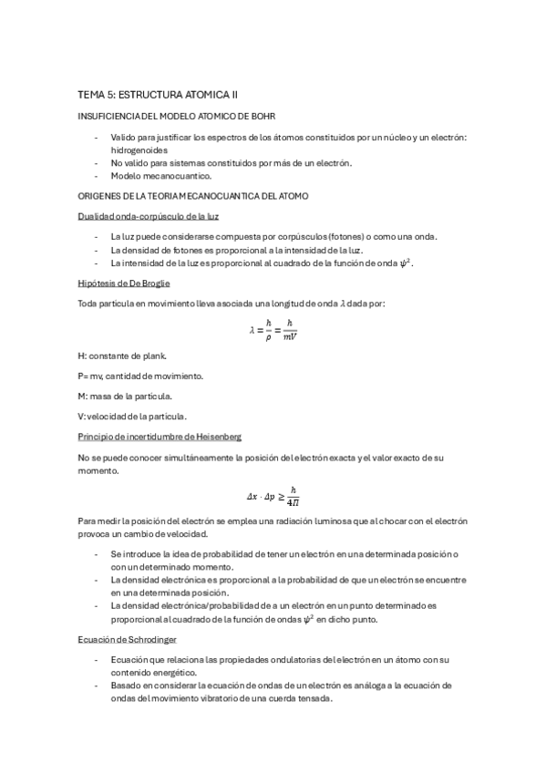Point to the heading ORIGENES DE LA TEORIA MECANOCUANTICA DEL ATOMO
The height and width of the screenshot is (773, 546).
point(193,196)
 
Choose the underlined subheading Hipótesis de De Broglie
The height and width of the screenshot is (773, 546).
point(123,283)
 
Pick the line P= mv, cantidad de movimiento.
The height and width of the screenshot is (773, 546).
point(140,375)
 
